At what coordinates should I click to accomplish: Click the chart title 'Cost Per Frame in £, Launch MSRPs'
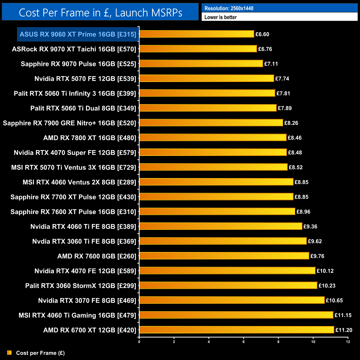[x=100, y=13]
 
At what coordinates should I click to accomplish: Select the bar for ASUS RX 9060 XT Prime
[x=197, y=34]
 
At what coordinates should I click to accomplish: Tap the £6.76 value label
[x=265, y=49]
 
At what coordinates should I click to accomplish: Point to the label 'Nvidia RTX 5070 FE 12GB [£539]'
[x=85, y=79]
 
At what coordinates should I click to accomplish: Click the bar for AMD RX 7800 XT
[x=213, y=138]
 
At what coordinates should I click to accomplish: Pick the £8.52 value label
[x=295, y=167]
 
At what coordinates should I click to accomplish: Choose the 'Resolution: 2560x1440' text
[x=229, y=8]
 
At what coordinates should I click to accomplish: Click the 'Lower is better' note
[x=220, y=17]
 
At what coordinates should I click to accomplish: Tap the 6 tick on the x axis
[x=244, y=342]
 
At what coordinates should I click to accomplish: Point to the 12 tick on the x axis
[x=348, y=342]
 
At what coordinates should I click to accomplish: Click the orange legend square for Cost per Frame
[x=9, y=353]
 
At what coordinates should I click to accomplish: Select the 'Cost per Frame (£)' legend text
[x=40, y=353]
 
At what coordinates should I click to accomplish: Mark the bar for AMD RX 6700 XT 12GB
[x=237, y=330]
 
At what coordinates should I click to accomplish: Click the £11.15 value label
[x=343, y=315]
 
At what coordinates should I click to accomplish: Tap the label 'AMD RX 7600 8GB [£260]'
[x=97, y=256]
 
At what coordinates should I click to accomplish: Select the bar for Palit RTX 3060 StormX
[x=228, y=286]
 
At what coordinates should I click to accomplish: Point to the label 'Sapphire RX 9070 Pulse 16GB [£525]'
[x=78, y=64]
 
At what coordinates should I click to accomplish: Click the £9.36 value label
[x=310, y=227]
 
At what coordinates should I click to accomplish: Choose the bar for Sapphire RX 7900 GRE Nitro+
[x=211, y=123]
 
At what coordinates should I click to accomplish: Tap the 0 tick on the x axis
[x=139, y=342]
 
